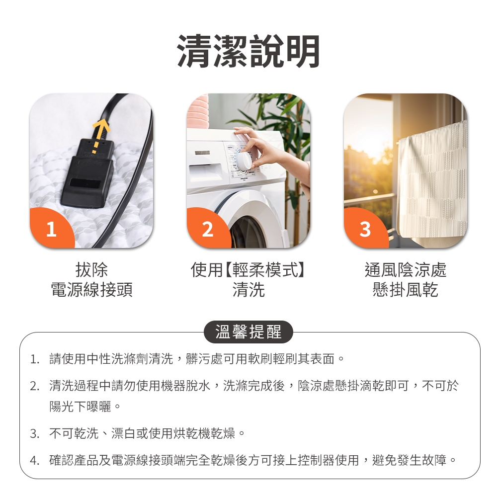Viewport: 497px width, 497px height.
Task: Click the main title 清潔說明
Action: pos(248,52)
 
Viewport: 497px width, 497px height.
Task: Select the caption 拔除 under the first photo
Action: pos(91,270)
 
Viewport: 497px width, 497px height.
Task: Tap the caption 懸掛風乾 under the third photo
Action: pos(405,290)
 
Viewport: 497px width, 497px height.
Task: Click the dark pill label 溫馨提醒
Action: pos(248,332)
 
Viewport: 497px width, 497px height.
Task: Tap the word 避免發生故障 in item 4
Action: pos(416,460)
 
